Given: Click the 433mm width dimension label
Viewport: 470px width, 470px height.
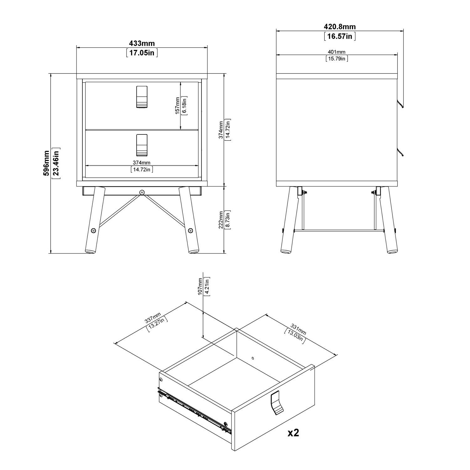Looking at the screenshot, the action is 142,43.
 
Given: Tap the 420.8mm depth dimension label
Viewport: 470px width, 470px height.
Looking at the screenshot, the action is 340,27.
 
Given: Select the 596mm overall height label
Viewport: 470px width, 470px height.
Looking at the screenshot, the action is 47,163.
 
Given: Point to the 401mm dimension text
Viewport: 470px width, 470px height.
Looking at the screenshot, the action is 337,52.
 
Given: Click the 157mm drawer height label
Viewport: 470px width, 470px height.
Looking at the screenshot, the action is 177,106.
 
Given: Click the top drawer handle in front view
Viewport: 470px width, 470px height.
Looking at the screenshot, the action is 142,97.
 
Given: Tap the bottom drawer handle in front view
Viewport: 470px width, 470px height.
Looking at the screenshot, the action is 142,145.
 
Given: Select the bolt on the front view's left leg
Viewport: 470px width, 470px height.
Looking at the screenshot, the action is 93,231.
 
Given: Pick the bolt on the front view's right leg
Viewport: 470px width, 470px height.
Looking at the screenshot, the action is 190,231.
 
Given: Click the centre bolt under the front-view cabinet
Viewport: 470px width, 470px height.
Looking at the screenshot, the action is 142,192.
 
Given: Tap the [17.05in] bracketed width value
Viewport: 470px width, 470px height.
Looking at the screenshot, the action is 142,53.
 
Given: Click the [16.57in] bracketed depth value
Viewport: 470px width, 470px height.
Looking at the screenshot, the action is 340,36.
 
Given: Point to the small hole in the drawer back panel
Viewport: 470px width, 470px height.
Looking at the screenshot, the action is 253,358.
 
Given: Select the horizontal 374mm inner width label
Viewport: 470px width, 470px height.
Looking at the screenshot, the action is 142,162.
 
